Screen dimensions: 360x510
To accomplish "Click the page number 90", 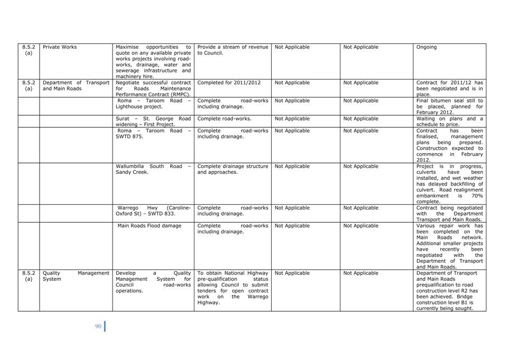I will coord(98,327).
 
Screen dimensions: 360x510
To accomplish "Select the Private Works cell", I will coord(60,47).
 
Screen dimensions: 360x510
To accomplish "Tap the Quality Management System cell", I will coord(76,276).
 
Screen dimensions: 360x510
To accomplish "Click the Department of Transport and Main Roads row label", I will coord(76,86).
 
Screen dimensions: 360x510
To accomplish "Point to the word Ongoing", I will coord(427,47).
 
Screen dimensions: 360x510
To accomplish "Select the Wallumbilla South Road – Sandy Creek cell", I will coord(153,169).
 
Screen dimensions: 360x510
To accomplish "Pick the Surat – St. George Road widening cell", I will coord(153,121).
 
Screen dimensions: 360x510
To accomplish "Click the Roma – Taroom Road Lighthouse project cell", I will coord(153,104).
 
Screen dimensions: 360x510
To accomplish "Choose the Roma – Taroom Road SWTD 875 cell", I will coord(153,134).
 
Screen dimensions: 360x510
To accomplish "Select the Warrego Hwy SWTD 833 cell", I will coord(153,211).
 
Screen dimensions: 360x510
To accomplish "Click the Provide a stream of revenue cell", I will coord(232,50).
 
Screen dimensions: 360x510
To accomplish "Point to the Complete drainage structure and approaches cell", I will coord(232,169).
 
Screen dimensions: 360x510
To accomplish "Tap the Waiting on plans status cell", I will coord(450,121).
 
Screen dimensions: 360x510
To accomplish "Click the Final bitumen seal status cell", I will coord(450,106).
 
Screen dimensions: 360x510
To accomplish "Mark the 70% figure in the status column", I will coord(477,196).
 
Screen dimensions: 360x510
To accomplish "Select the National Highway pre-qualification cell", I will coord(232,288).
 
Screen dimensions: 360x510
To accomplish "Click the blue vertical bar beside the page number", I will coord(105,327).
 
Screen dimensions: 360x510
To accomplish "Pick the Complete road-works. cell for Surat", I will coord(224,119).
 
